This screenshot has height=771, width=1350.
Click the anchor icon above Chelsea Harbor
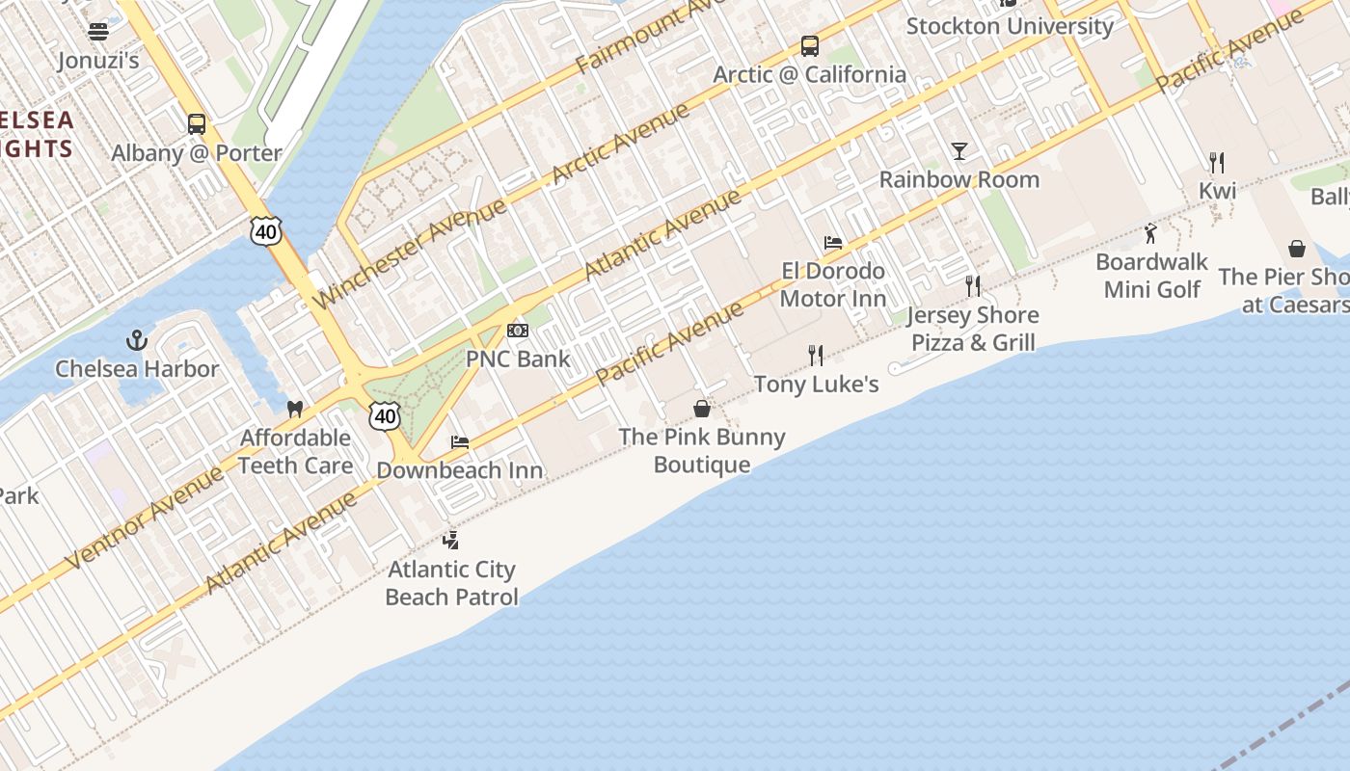(137, 340)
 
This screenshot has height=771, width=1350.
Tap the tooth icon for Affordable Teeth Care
(295, 409)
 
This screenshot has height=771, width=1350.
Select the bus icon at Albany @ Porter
(197, 123)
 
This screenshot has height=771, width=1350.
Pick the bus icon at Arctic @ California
(810, 45)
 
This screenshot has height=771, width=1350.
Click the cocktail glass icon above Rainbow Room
(958, 151)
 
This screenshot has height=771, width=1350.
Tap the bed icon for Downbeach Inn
(460, 442)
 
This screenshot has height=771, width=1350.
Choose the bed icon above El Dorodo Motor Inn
(833, 242)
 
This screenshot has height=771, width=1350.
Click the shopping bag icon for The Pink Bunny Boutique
(702, 409)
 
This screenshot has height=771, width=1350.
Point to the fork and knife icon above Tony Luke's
(816, 356)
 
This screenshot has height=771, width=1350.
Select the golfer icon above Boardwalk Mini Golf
(1150, 233)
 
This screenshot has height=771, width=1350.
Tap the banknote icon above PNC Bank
(518, 331)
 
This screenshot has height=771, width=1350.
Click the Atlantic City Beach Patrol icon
(450, 540)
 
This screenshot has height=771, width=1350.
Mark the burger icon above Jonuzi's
(98, 32)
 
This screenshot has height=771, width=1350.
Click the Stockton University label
(1010, 26)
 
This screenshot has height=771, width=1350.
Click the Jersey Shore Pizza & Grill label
(973, 329)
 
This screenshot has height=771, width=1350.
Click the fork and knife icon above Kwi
(1217, 162)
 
